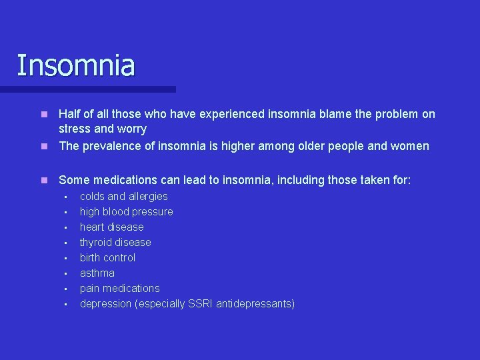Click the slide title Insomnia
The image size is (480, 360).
(x=75, y=65)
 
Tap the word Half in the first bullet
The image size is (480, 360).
(x=70, y=114)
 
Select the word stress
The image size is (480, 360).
(x=75, y=129)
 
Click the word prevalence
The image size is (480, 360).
(x=111, y=145)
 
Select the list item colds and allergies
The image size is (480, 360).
(x=123, y=196)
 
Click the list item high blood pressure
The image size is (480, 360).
(x=126, y=211)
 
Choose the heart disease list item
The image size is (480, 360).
(x=111, y=227)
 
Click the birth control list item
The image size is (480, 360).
(x=107, y=257)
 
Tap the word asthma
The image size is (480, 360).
(x=97, y=273)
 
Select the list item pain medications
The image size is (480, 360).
(x=119, y=288)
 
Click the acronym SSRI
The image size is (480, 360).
(x=201, y=303)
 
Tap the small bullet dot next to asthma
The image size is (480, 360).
(x=66, y=273)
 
